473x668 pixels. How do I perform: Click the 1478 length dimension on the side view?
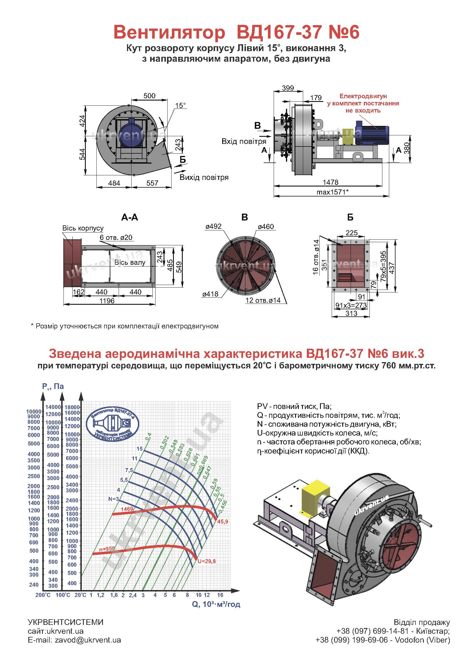330,182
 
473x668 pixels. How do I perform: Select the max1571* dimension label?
332,192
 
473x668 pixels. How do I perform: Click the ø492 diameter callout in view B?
213,226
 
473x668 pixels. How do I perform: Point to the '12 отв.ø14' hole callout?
263,300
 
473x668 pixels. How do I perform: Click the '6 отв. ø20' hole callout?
116,237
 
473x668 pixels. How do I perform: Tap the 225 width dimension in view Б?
351,233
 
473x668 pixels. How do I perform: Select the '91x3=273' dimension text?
351,305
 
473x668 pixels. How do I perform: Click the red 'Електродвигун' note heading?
363,96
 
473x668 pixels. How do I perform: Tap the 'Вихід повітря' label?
204,177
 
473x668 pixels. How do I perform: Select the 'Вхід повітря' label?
244,142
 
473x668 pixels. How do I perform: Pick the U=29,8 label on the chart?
206,561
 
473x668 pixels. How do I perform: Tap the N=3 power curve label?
114,499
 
